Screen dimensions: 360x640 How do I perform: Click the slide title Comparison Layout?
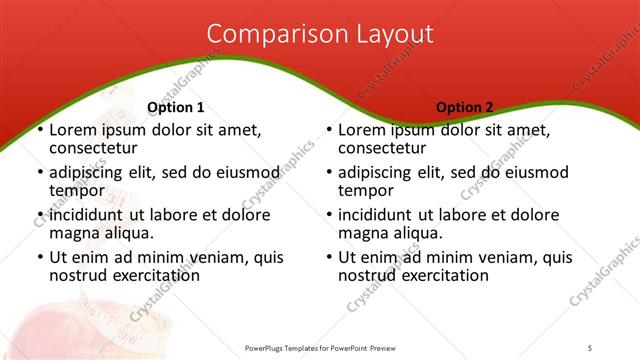pyautogui.click(x=320, y=33)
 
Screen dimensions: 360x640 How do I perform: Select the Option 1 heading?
pyautogui.click(x=175, y=108)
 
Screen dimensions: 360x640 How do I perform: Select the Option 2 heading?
pyautogui.click(x=464, y=108)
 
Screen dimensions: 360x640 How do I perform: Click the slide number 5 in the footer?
pyautogui.click(x=590, y=347)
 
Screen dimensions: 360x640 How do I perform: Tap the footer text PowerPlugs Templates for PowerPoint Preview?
pyautogui.click(x=320, y=347)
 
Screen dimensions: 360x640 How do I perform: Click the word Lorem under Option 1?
pyautogui.click(x=73, y=130)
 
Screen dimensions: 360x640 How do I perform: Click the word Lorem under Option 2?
pyautogui.click(x=363, y=130)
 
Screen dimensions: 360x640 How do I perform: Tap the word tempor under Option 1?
pyautogui.click(x=76, y=191)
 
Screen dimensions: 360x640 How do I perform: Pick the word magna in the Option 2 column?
pyautogui.click(x=362, y=233)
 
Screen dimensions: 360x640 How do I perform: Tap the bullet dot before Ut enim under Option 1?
pyautogui.click(x=40, y=258)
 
